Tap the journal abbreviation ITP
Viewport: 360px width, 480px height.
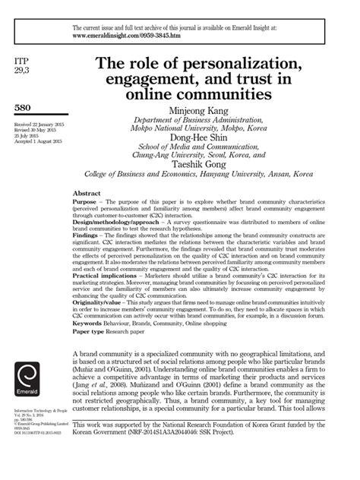point(22,58)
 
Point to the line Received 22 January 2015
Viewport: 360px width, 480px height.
point(39,125)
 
